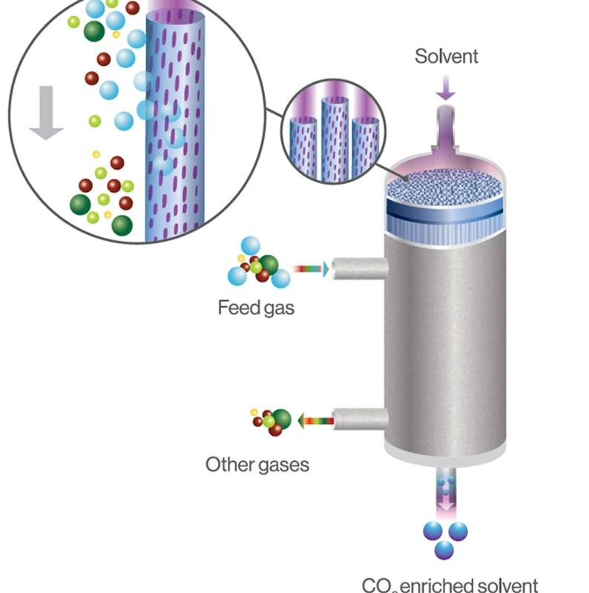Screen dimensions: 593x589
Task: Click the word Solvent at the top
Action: pos(447,56)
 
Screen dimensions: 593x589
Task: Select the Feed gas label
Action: pos(256,307)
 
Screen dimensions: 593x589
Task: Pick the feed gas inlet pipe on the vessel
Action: pos(359,268)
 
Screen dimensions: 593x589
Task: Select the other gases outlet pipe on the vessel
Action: pos(360,420)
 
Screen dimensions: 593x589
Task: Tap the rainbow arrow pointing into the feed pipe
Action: pos(309,269)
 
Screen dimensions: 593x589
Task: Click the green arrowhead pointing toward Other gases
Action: pos(303,421)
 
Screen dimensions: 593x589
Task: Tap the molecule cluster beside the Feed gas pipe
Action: pos(258,263)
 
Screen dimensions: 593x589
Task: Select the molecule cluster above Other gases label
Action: pos(272,421)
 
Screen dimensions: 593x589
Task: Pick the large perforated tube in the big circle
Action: pos(174,126)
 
